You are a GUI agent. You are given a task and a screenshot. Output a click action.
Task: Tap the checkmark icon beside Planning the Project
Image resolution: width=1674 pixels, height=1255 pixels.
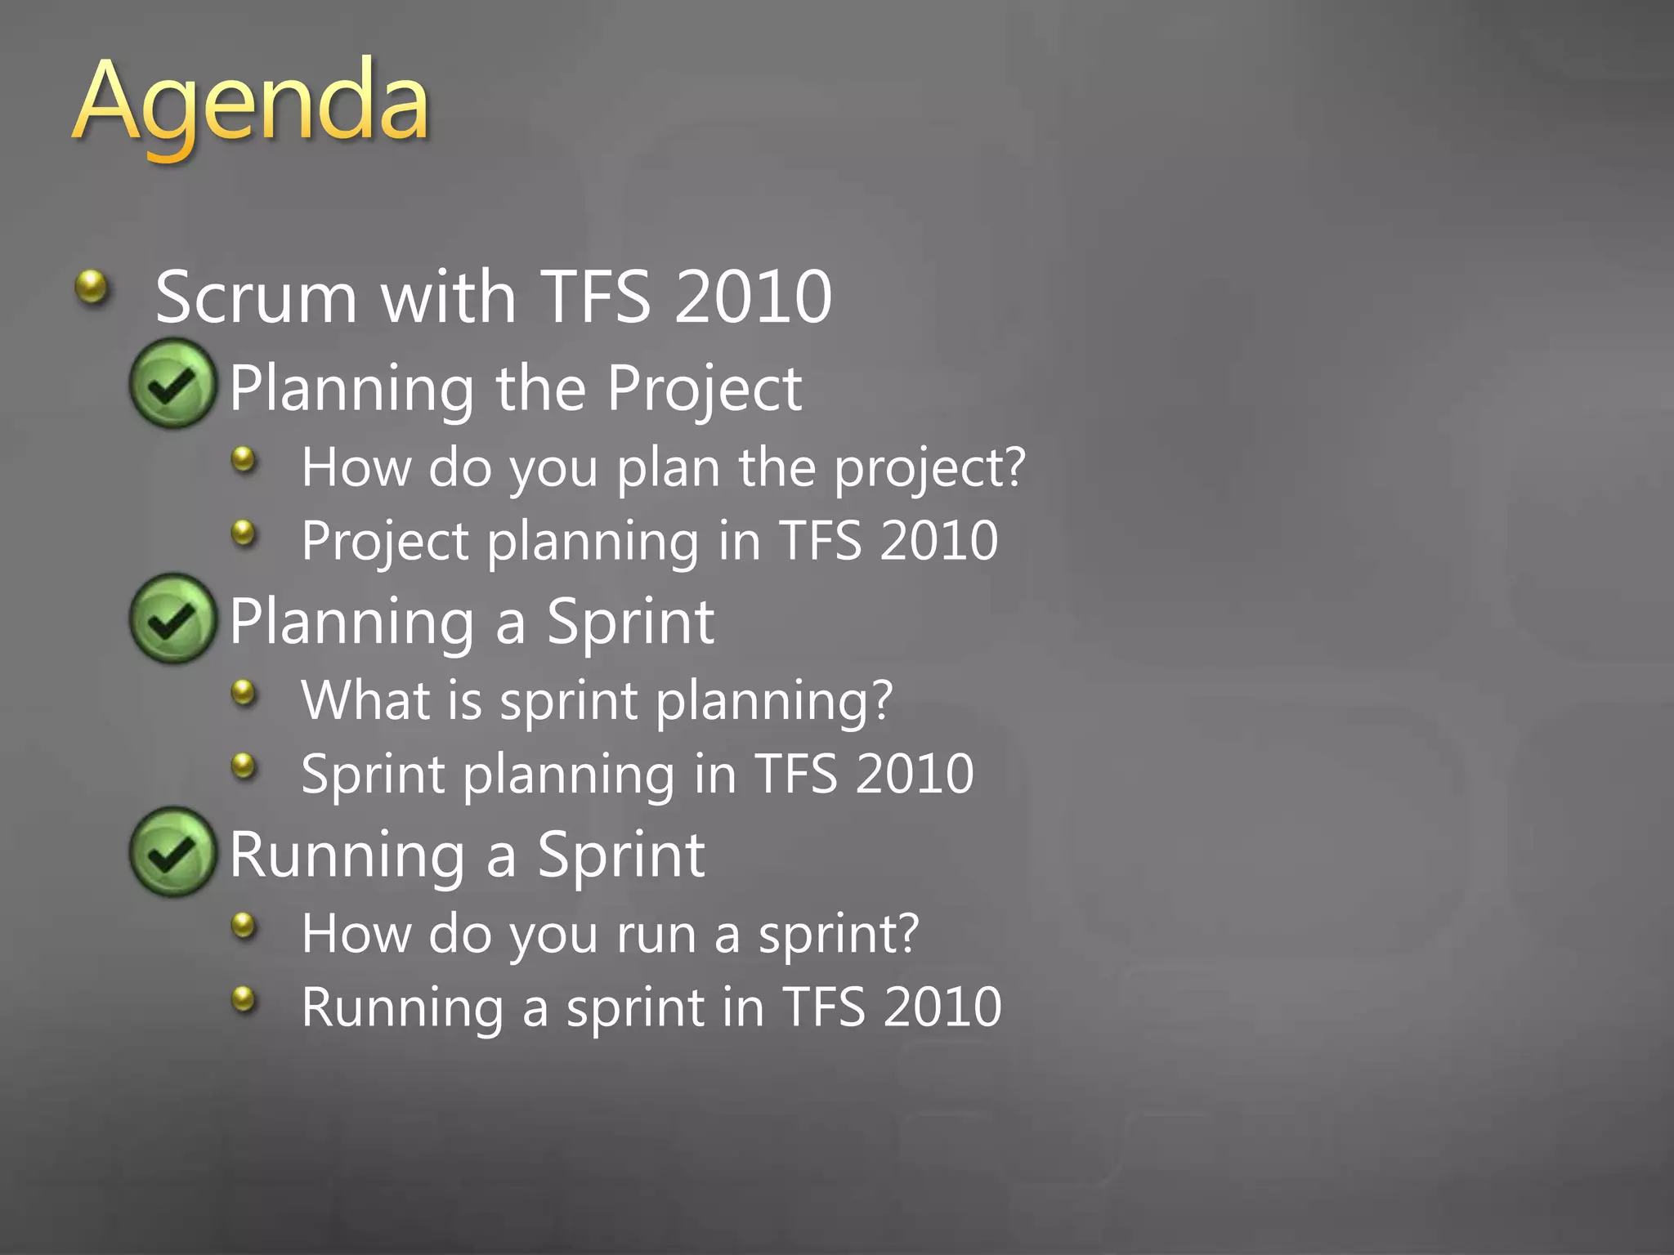173,384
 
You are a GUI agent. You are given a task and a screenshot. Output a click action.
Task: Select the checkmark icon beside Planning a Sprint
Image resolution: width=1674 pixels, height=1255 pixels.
173,619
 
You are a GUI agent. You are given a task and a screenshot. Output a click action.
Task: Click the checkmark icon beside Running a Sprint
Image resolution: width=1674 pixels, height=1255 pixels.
173,852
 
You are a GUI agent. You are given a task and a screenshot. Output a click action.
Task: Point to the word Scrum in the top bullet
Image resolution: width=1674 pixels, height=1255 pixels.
256,297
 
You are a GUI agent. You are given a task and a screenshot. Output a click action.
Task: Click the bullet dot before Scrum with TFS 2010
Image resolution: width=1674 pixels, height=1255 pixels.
92,287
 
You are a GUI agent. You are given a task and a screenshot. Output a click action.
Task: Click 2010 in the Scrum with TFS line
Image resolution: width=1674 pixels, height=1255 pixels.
752,297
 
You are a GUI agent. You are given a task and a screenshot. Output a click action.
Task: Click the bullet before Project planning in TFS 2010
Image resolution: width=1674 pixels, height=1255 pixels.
244,534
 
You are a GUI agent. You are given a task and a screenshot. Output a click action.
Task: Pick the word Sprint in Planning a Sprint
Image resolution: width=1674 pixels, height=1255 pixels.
630,623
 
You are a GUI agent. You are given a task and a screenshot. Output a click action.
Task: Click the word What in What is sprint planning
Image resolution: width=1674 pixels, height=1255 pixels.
365,700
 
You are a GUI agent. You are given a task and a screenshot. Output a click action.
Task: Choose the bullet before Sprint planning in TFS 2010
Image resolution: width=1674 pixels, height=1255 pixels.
244,766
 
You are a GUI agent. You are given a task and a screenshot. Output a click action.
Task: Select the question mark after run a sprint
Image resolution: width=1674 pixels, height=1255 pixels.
906,933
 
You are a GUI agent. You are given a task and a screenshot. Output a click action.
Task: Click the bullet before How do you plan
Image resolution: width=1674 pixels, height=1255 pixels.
244,460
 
